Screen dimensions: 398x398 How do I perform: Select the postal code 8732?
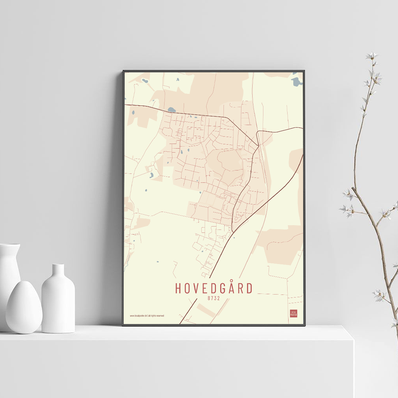click(x=214, y=297)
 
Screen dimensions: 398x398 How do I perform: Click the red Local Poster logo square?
click(x=294, y=313)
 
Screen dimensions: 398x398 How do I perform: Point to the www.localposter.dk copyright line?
click(x=147, y=316)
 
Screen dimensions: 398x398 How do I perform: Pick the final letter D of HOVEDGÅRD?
click(x=249, y=288)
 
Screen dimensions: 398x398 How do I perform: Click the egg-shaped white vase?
click(x=24, y=306)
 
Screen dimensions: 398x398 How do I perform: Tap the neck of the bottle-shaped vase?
click(x=58, y=271)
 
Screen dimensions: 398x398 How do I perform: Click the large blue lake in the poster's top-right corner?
click(x=297, y=82)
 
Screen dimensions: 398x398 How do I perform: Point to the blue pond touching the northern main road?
click(x=172, y=109)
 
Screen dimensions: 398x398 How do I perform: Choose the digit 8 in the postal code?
click(x=209, y=297)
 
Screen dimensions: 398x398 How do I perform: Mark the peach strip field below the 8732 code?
click(x=206, y=310)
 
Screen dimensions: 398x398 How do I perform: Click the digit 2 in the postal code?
click(x=219, y=297)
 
